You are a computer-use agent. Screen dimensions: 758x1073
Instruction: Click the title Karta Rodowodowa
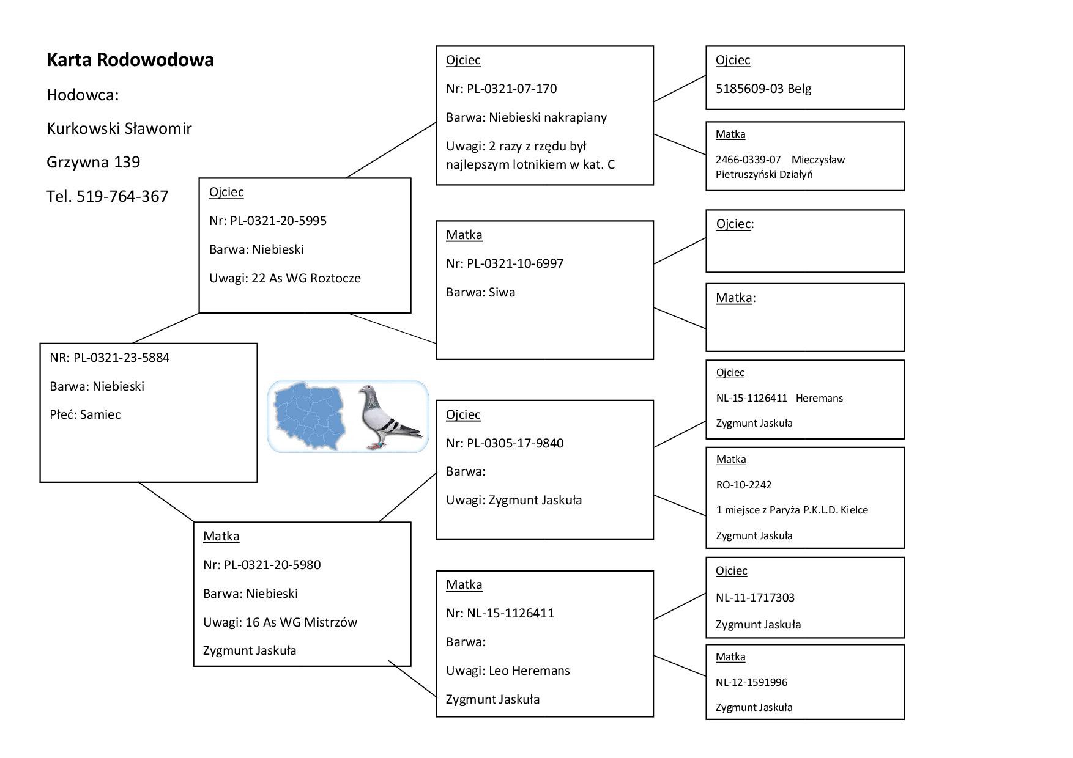tap(130, 60)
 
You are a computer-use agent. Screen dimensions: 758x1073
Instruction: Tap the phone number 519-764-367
tap(122, 196)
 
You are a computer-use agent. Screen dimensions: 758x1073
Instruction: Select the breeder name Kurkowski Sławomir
tap(119, 128)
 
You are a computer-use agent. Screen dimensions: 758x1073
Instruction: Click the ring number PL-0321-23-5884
tap(121, 358)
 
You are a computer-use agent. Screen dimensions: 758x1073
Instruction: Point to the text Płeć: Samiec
tap(85, 414)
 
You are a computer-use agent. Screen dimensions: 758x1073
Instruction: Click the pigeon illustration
tap(388, 417)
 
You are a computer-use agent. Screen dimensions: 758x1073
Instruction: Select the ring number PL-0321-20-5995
tap(278, 221)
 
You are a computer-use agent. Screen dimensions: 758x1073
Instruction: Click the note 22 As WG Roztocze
tap(306, 278)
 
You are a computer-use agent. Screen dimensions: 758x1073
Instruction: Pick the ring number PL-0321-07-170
tap(512, 89)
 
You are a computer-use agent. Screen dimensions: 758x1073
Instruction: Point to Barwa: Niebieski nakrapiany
tap(526, 117)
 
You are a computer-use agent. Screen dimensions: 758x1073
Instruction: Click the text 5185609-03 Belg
tap(763, 89)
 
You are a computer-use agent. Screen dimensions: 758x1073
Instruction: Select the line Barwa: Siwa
tap(480, 292)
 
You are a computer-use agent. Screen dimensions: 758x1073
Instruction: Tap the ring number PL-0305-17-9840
tap(515, 443)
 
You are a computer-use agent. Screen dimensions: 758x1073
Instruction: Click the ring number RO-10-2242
tap(743, 485)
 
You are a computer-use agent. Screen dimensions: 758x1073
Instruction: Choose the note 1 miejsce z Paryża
tap(792, 510)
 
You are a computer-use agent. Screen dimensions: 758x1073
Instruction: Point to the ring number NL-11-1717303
tap(755, 598)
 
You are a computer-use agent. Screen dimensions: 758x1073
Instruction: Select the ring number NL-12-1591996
tap(751, 682)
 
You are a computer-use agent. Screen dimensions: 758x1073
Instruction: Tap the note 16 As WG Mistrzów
tap(301, 622)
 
